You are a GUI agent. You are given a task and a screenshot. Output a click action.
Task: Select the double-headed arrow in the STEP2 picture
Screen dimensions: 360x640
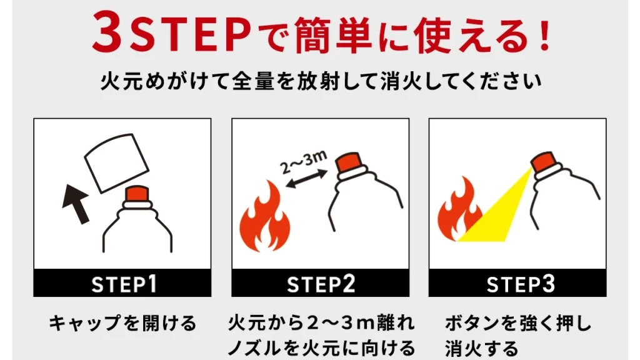point(306,181)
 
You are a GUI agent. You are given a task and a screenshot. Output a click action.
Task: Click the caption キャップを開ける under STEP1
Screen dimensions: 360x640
point(122,323)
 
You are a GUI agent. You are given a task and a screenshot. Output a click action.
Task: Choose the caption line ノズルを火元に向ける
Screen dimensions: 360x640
point(320,346)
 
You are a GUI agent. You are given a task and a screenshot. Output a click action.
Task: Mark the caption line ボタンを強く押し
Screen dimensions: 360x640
point(517,324)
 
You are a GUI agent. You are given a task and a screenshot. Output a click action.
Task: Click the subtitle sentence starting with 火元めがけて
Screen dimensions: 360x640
point(320,83)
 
